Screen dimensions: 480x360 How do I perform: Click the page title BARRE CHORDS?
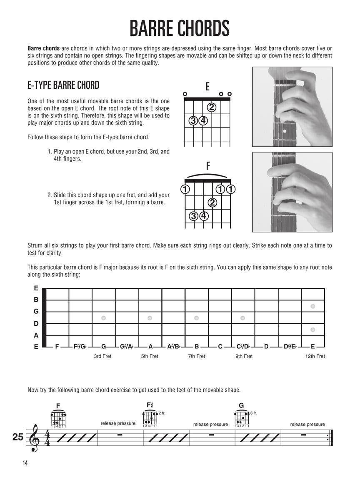pyautogui.click(x=180, y=28)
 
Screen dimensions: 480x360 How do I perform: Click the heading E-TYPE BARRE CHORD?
pyautogui.click(x=63, y=85)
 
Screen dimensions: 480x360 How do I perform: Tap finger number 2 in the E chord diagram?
pyautogui.click(x=212, y=107)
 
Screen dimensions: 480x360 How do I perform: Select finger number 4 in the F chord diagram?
pyautogui.click(x=204, y=216)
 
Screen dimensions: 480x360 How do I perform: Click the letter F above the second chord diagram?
pyautogui.click(x=207, y=166)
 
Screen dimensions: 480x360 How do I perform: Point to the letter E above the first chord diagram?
pyautogui.click(x=207, y=87)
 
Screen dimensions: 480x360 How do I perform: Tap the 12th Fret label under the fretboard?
pyautogui.click(x=315, y=356)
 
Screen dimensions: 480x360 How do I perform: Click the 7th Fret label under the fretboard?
pyautogui.click(x=196, y=356)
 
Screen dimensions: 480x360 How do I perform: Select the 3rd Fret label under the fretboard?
pyautogui.click(x=102, y=356)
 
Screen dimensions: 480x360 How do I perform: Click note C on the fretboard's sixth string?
pyautogui.click(x=220, y=346)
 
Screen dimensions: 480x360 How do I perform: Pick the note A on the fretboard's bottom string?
pyautogui.click(x=150, y=346)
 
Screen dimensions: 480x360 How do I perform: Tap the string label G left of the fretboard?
pyautogui.click(x=36, y=311)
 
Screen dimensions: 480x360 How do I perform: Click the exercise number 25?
pyautogui.click(x=18, y=437)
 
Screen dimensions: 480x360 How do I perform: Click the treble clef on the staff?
pyautogui.click(x=34, y=437)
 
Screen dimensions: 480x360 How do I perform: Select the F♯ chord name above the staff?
pyautogui.click(x=150, y=405)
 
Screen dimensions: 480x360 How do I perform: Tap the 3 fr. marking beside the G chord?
pyautogui.click(x=253, y=413)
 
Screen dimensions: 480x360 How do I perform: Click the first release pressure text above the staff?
pyautogui.click(x=118, y=423)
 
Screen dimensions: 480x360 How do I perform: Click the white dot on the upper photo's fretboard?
pyautogui.click(x=285, y=132)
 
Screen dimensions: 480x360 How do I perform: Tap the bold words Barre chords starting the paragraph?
pyautogui.click(x=43, y=47)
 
